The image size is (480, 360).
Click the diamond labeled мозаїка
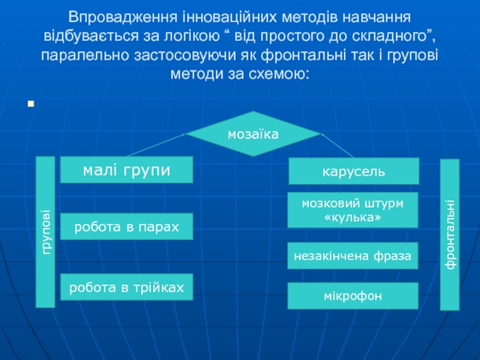click(x=253, y=136)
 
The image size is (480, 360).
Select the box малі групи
click(x=127, y=170)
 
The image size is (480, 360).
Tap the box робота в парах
click(x=127, y=227)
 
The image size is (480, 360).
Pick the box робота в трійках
click(x=127, y=287)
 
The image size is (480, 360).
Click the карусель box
click(x=353, y=172)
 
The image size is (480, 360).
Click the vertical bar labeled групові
click(x=46, y=232)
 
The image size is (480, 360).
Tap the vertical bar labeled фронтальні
click(x=450, y=235)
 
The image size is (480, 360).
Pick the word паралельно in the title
click(x=79, y=56)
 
